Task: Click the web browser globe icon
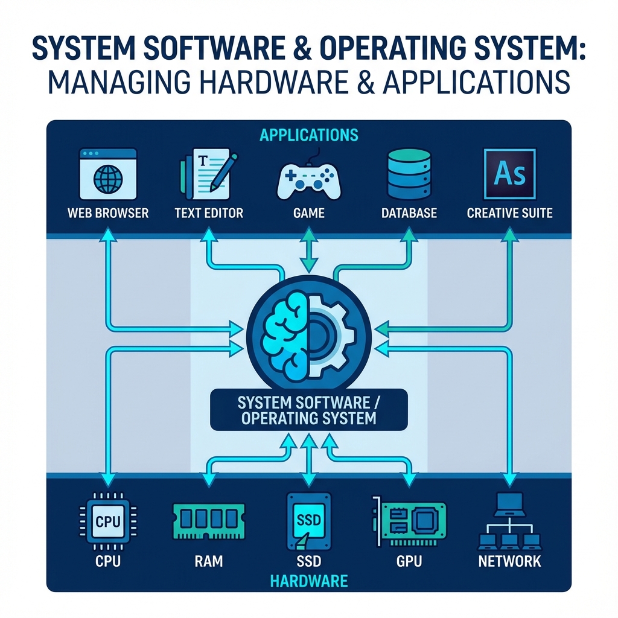(x=108, y=179)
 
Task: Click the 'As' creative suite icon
(x=509, y=173)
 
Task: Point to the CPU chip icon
(x=108, y=521)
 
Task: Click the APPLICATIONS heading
(x=309, y=135)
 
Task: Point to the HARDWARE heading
(x=309, y=581)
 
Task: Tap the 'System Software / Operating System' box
(x=309, y=410)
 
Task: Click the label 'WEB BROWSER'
(x=108, y=212)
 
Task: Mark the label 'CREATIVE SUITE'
(x=509, y=212)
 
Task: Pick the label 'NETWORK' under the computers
(x=509, y=561)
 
